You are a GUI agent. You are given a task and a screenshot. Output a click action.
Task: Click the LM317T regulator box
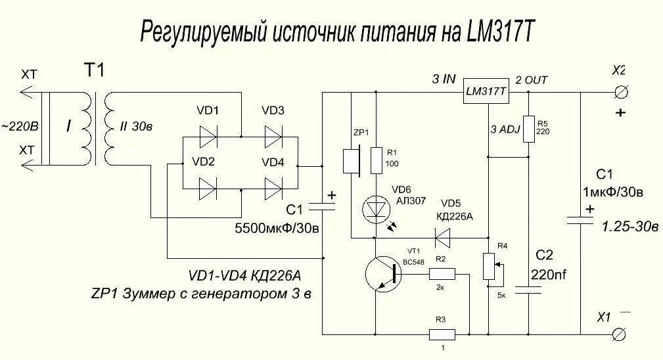(486, 92)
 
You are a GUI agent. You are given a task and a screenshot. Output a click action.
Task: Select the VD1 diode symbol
(209, 137)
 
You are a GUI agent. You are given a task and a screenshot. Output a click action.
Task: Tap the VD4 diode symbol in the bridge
(273, 189)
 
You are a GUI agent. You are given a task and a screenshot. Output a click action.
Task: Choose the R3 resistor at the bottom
(442, 334)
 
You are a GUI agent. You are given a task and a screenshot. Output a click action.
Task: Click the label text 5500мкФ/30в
(277, 229)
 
